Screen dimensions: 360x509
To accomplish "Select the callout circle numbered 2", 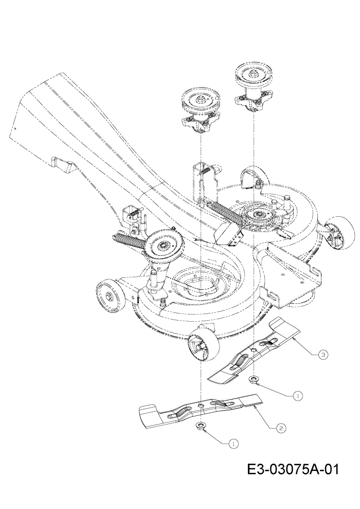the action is [281, 428].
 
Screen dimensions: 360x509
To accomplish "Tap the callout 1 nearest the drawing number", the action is [232, 443].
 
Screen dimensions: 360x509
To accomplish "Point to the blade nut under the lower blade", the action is [201, 426].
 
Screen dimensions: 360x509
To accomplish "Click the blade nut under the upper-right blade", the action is [253, 379].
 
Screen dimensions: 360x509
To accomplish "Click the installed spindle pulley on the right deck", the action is [259, 215].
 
